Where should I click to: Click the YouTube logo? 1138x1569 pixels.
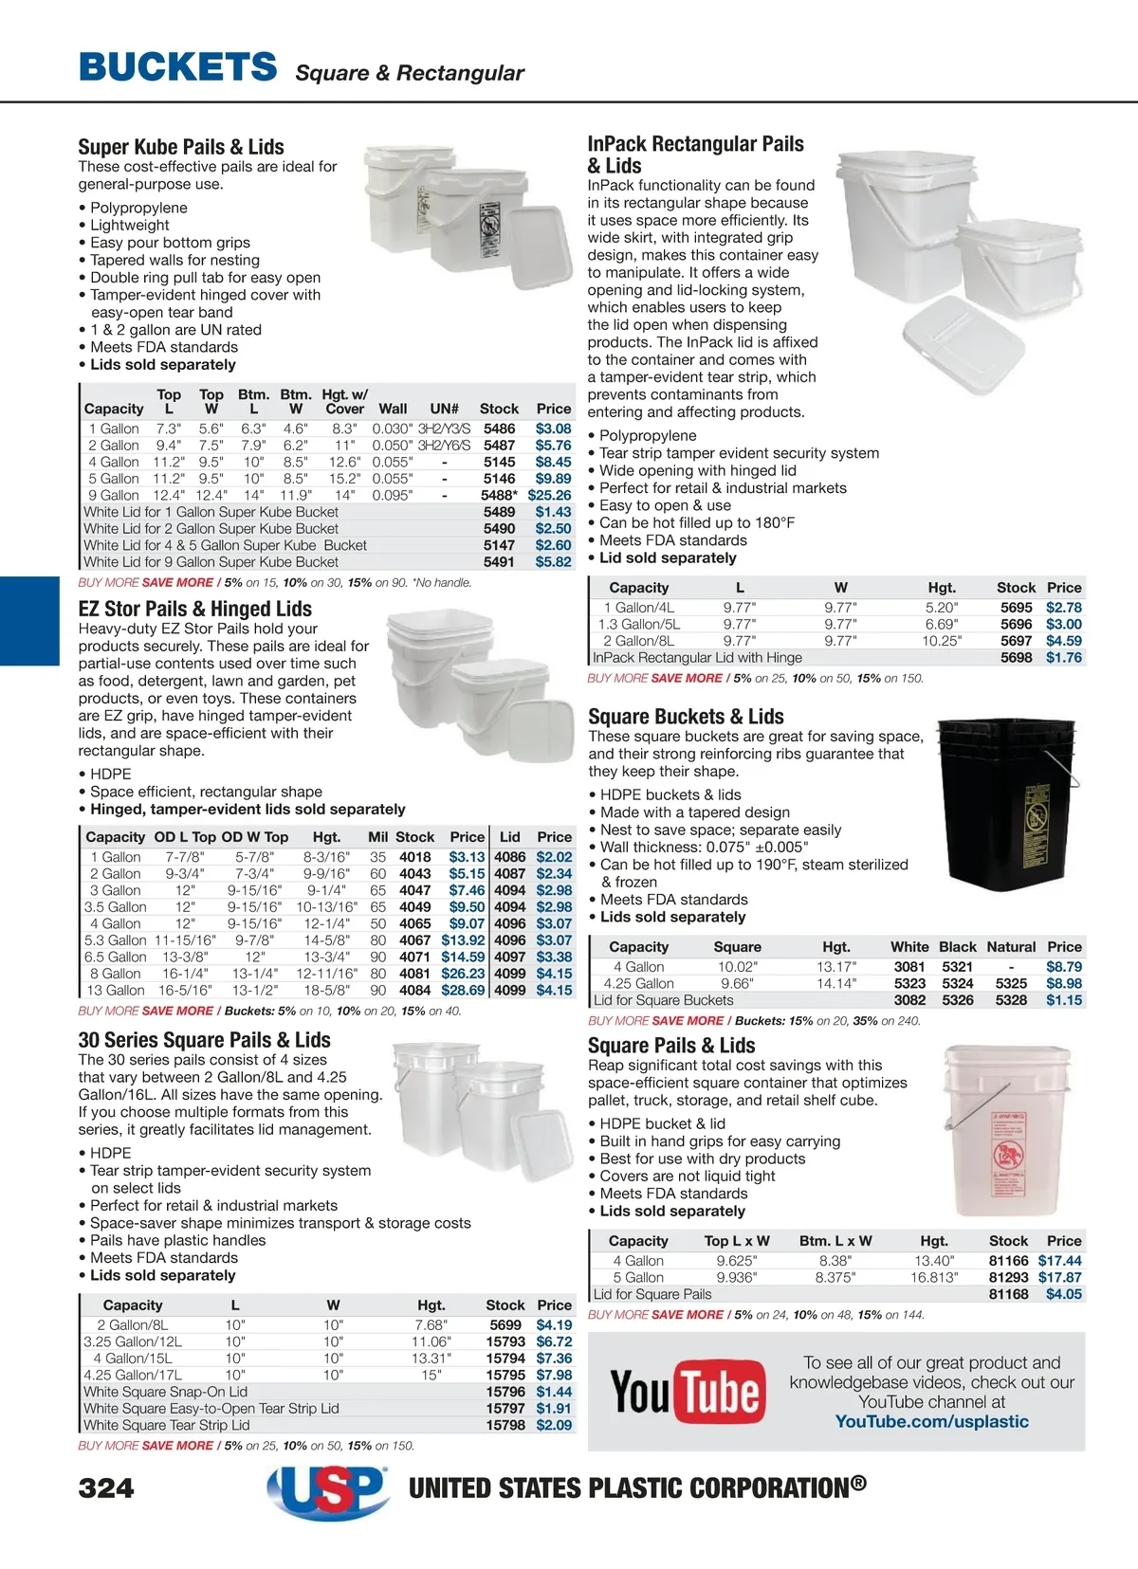pos(688,1391)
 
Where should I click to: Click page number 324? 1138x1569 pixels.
pos(106,1488)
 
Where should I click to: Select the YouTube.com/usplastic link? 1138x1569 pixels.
pos(931,1421)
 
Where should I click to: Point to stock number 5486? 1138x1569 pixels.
pos(500,429)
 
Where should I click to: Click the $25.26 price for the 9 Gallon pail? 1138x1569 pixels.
pos(549,495)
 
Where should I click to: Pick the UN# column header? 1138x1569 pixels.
pos(444,409)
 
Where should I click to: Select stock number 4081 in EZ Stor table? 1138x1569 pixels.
pos(414,974)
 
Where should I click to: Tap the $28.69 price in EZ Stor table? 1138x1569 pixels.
pos(463,990)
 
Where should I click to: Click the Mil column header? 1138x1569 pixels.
pos(378,837)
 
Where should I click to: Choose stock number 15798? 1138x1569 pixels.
pos(505,1425)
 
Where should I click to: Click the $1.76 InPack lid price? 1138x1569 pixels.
pos(1063,657)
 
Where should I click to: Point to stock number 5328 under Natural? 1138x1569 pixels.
pos(1011,1000)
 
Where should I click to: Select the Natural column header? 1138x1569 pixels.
pos(1011,946)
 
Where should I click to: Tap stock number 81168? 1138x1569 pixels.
pos(1008,1294)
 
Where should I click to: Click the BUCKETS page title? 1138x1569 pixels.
pos(178,67)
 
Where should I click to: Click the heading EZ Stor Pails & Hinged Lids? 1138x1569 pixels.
pos(194,609)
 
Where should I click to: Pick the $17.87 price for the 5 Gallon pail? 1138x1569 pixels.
pos(1059,1277)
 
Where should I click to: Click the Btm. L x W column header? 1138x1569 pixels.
pos(835,1240)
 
